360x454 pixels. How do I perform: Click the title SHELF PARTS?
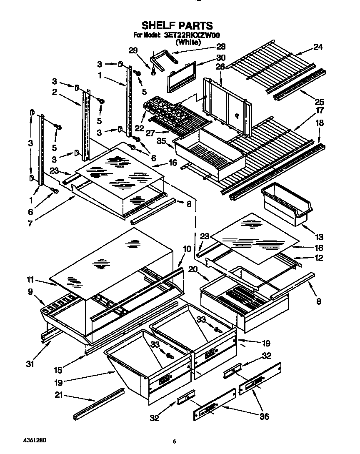pyautogui.click(x=177, y=26)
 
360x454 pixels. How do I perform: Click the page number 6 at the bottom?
pyautogui.click(x=175, y=441)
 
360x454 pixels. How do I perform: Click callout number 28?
pyautogui.click(x=220, y=47)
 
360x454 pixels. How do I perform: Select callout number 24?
pyautogui.click(x=318, y=47)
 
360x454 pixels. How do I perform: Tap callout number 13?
pyautogui.click(x=319, y=237)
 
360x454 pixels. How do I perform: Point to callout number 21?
pyautogui.click(x=59, y=395)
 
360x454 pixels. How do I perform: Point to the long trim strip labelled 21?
pyautogui.click(x=99, y=404)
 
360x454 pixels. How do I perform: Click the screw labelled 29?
pyautogui.click(x=153, y=72)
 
